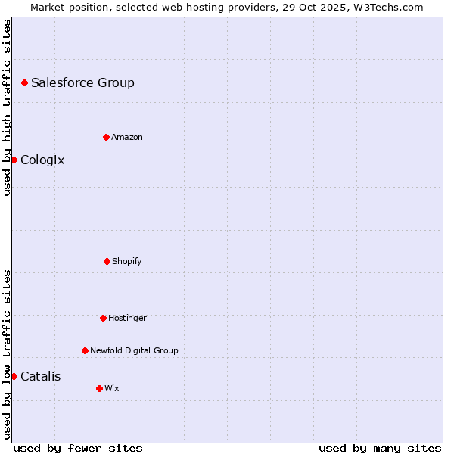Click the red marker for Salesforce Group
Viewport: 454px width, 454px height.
(24, 82)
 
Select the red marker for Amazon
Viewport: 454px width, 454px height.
(106, 137)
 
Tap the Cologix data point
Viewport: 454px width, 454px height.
(14, 160)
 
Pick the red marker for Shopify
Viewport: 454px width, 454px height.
(107, 261)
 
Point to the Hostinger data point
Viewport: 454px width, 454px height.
(103, 318)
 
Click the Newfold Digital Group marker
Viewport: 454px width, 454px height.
(85, 350)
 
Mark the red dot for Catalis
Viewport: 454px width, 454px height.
(14, 376)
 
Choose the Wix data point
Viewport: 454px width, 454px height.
(99, 388)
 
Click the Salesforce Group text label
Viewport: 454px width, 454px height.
(82, 82)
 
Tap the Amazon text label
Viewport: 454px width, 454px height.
(127, 137)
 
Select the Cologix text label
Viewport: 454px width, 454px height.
(42, 160)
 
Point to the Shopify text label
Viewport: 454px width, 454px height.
(127, 261)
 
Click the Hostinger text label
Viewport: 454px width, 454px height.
(127, 318)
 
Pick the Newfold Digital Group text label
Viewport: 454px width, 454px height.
(134, 350)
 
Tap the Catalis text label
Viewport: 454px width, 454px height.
(41, 376)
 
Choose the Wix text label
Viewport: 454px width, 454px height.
(112, 388)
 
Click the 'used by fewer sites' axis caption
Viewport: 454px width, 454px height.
(78, 448)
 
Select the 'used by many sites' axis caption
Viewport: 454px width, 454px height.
(380, 448)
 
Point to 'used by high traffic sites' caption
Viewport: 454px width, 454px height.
(7, 107)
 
